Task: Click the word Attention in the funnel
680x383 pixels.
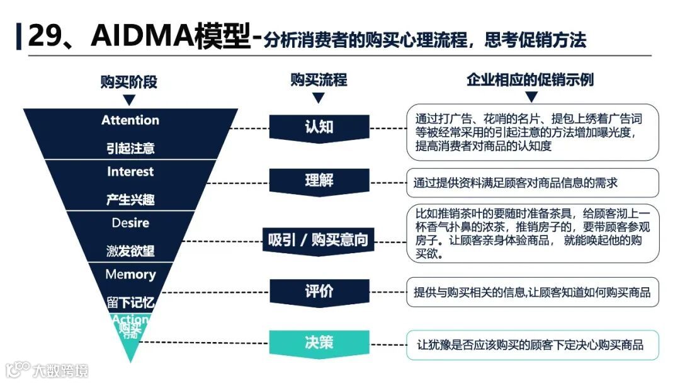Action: click(x=130, y=120)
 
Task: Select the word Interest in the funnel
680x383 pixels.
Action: click(x=130, y=172)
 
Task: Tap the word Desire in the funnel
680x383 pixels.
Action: click(x=130, y=223)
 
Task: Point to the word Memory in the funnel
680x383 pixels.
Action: click(x=130, y=275)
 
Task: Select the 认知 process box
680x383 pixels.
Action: click(x=319, y=127)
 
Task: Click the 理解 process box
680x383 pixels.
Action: click(x=319, y=181)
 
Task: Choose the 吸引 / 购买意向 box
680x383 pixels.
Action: click(x=319, y=240)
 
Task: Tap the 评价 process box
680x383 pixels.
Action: click(x=319, y=292)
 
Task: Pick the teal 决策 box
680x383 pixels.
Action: click(x=319, y=343)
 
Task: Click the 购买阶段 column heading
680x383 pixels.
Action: click(x=129, y=82)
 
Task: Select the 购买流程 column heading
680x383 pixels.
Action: click(x=319, y=80)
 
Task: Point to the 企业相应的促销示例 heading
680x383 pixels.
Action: click(x=530, y=80)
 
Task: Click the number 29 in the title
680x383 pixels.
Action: click(x=44, y=37)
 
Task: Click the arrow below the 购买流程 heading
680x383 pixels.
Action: click(x=319, y=98)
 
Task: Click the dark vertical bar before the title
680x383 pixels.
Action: click(x=19, y=37)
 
